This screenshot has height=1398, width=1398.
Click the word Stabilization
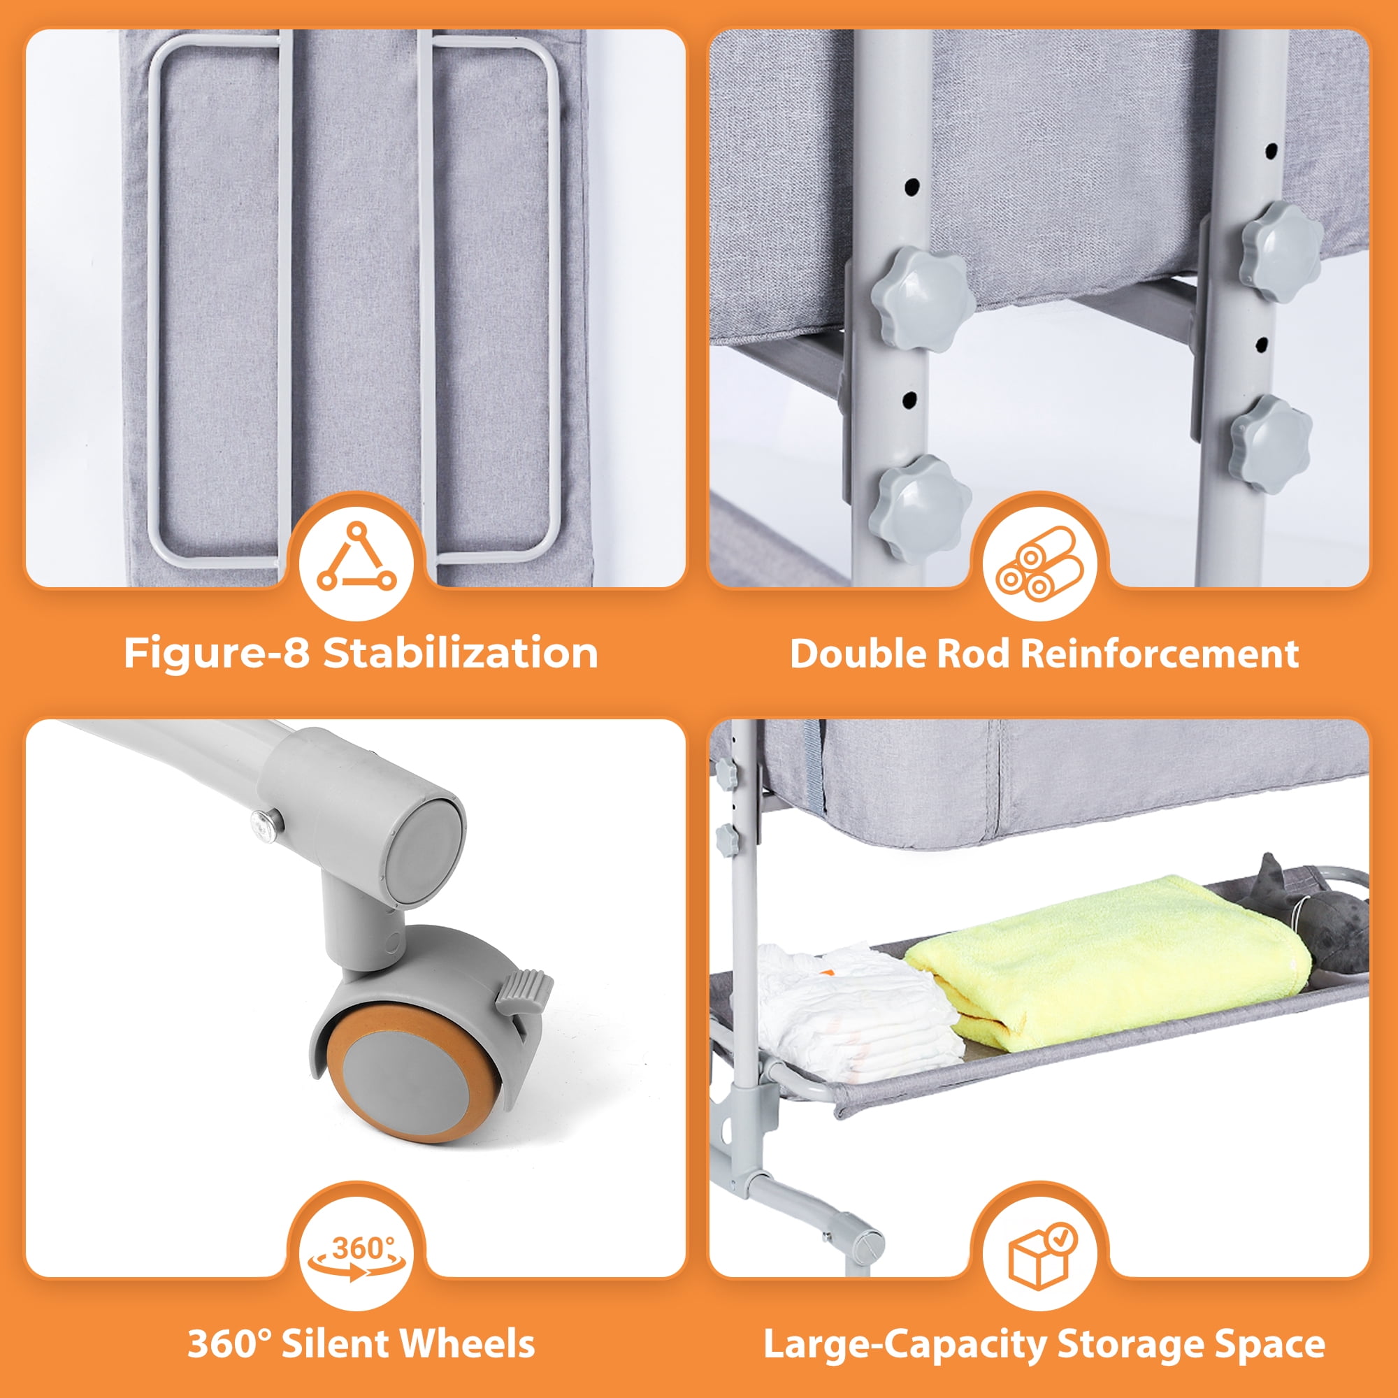(x=460, y=653)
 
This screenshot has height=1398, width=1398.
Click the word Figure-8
(x=217, y=653)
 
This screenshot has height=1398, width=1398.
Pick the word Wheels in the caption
(x=468, y=1343)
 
